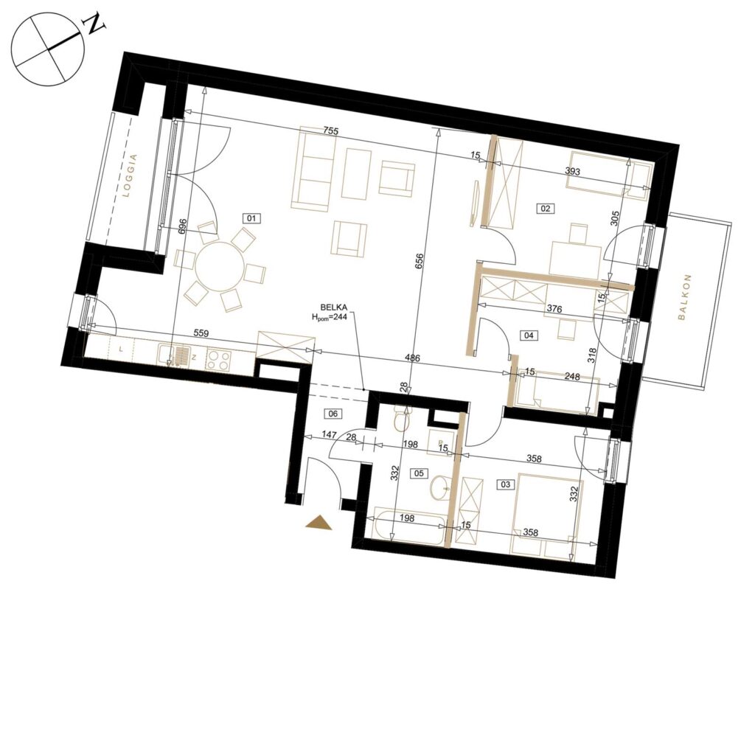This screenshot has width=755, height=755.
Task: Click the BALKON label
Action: tap(684, 297)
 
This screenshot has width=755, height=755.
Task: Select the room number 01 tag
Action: tap(252, 218)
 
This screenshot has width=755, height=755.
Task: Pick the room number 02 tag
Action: tap(546, 209)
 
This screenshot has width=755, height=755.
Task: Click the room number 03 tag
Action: tap(505, 484)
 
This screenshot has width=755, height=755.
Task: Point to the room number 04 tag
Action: tap(529, 335)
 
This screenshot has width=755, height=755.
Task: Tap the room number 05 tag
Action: tap(419, 473)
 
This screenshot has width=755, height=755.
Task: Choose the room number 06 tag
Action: tap(333, 413)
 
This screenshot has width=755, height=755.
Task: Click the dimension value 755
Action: tap(331, 131)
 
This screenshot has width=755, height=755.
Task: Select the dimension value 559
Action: tap(201, 333)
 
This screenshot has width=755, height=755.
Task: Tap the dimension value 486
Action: tap(413, 358)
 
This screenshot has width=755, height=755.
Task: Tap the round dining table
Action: tap(218, 265)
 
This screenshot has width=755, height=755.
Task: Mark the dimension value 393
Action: tap(572, 171)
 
